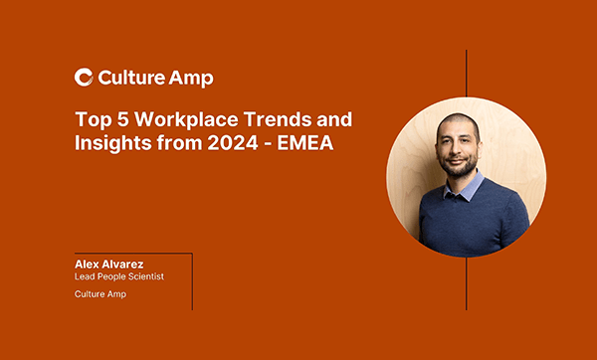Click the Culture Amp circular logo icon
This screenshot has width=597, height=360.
85,78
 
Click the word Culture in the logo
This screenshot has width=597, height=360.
131,78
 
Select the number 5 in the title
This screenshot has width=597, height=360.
116,119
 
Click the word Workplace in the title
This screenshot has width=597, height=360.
176,119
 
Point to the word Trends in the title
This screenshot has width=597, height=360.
268,119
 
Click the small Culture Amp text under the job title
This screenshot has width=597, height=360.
100,295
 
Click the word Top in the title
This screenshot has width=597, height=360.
91,119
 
